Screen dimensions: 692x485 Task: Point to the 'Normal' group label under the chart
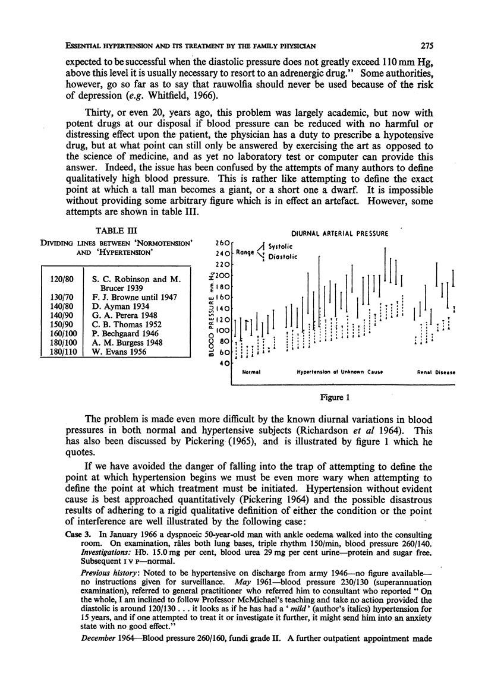pyautogui.click(x=253, y=372)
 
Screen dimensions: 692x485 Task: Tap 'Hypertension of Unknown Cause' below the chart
pyautogui.click(x=337, y=372)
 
